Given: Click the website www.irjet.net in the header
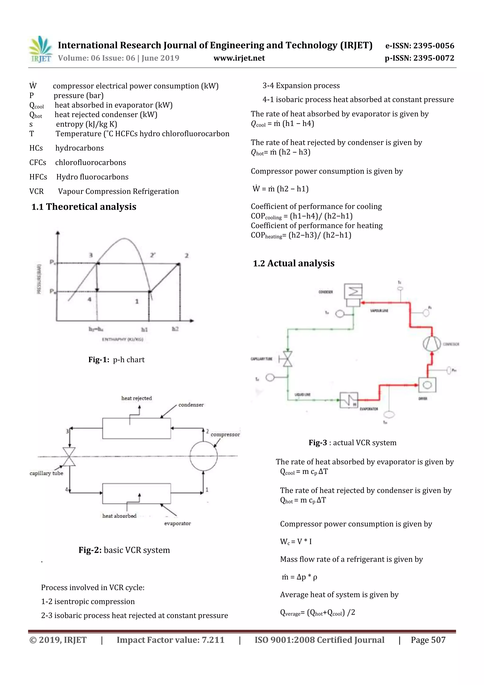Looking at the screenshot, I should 239,58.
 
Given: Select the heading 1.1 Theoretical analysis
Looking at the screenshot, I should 84,207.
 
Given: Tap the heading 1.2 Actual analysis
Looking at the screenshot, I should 294,263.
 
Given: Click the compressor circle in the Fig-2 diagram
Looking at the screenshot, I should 203,456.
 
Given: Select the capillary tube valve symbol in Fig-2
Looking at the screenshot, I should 69,456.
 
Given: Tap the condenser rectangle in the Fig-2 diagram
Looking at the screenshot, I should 137,428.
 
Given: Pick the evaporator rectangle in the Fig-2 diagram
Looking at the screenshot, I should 137,493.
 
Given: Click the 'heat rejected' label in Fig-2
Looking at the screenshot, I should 137,398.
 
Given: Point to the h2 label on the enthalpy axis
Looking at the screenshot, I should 175,329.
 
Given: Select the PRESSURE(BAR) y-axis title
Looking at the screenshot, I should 39,279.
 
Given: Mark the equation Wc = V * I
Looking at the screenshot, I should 296,541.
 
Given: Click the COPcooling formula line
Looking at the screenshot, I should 302,216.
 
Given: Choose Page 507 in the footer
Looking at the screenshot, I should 428,640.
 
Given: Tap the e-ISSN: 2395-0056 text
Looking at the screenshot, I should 419,46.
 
